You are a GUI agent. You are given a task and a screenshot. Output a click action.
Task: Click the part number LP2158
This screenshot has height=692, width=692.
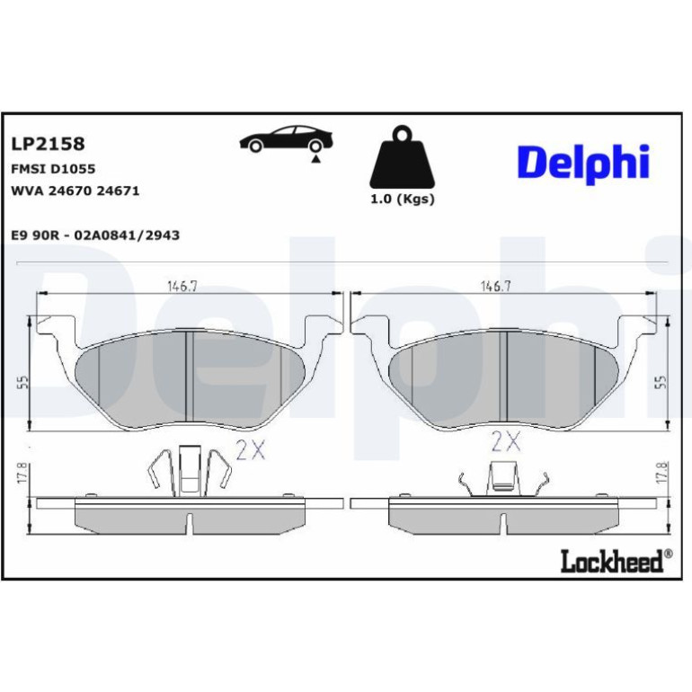pos(48,144)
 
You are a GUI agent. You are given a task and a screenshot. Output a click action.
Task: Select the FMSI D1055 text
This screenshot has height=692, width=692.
pos(53,169)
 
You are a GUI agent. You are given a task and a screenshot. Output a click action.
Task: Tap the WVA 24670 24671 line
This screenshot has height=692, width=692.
pos(75,191)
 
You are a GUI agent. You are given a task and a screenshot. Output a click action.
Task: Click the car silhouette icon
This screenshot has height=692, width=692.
pos(286,139)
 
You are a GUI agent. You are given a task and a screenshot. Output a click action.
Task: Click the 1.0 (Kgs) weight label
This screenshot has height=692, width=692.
pos(403,200)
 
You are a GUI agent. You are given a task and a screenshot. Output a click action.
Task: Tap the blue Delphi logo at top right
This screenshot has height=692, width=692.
pos(583,162)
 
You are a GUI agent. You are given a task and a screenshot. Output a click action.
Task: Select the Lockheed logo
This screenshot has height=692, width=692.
pos(617,561)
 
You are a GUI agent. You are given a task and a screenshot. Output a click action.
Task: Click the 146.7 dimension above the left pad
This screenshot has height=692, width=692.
pos(182,287)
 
